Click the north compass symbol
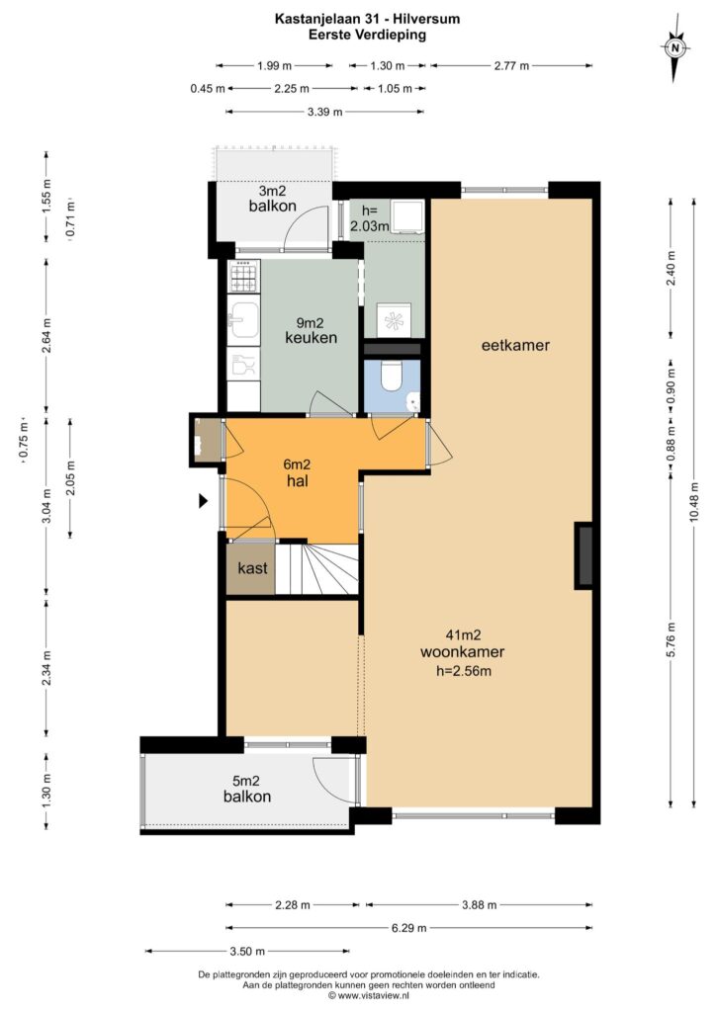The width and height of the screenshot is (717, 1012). tap(675, 48)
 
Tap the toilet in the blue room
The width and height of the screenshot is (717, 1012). tap(392, 377)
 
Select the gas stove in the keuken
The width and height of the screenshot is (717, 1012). tap(244, 276)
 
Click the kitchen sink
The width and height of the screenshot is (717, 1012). tap(243, 321)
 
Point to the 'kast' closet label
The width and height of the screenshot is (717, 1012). tap(252, 568)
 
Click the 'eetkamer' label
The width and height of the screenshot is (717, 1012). tap(515, 345)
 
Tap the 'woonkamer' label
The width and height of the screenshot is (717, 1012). tap(463, 652)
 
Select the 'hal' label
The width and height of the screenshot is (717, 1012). tap(298, 481)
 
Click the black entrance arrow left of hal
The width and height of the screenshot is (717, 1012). tap(203, 500)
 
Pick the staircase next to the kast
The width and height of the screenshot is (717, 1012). tap(317, 569)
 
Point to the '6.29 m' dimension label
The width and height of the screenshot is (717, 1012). tap(408, 928)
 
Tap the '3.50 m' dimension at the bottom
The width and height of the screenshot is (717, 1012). tap(247, 952)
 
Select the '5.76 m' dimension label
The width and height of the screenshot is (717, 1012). tap(672, 639)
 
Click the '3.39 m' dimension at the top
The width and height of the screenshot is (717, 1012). tap(325, 112)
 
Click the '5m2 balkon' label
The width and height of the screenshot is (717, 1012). tap(247, 789)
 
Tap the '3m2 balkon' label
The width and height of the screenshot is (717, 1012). tap(273, 199)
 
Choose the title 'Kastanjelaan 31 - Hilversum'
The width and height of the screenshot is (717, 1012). tap(368, 19)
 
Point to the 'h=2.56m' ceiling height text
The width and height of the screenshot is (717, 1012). tap(464, 671)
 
